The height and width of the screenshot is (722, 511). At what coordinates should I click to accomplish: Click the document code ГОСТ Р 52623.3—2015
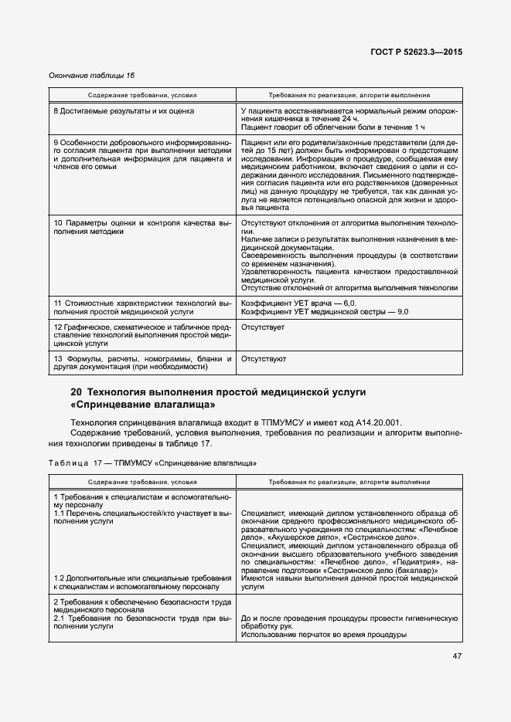click(415, 52)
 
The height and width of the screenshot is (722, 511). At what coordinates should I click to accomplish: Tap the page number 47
click(456, 656)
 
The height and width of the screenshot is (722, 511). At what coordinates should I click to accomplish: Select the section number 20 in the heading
click(77, 392)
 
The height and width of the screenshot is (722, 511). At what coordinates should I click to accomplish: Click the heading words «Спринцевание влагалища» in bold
click(142, 405)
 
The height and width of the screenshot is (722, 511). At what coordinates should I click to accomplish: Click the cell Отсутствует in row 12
click(263, 328)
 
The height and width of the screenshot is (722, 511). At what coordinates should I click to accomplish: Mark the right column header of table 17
click(349, 482)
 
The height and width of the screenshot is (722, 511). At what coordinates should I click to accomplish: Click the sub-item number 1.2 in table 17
click(60, 579)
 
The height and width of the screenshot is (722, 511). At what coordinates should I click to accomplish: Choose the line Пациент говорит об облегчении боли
click(332, 127)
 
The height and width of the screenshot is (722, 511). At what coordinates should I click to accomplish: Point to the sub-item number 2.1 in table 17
click(60, 619)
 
